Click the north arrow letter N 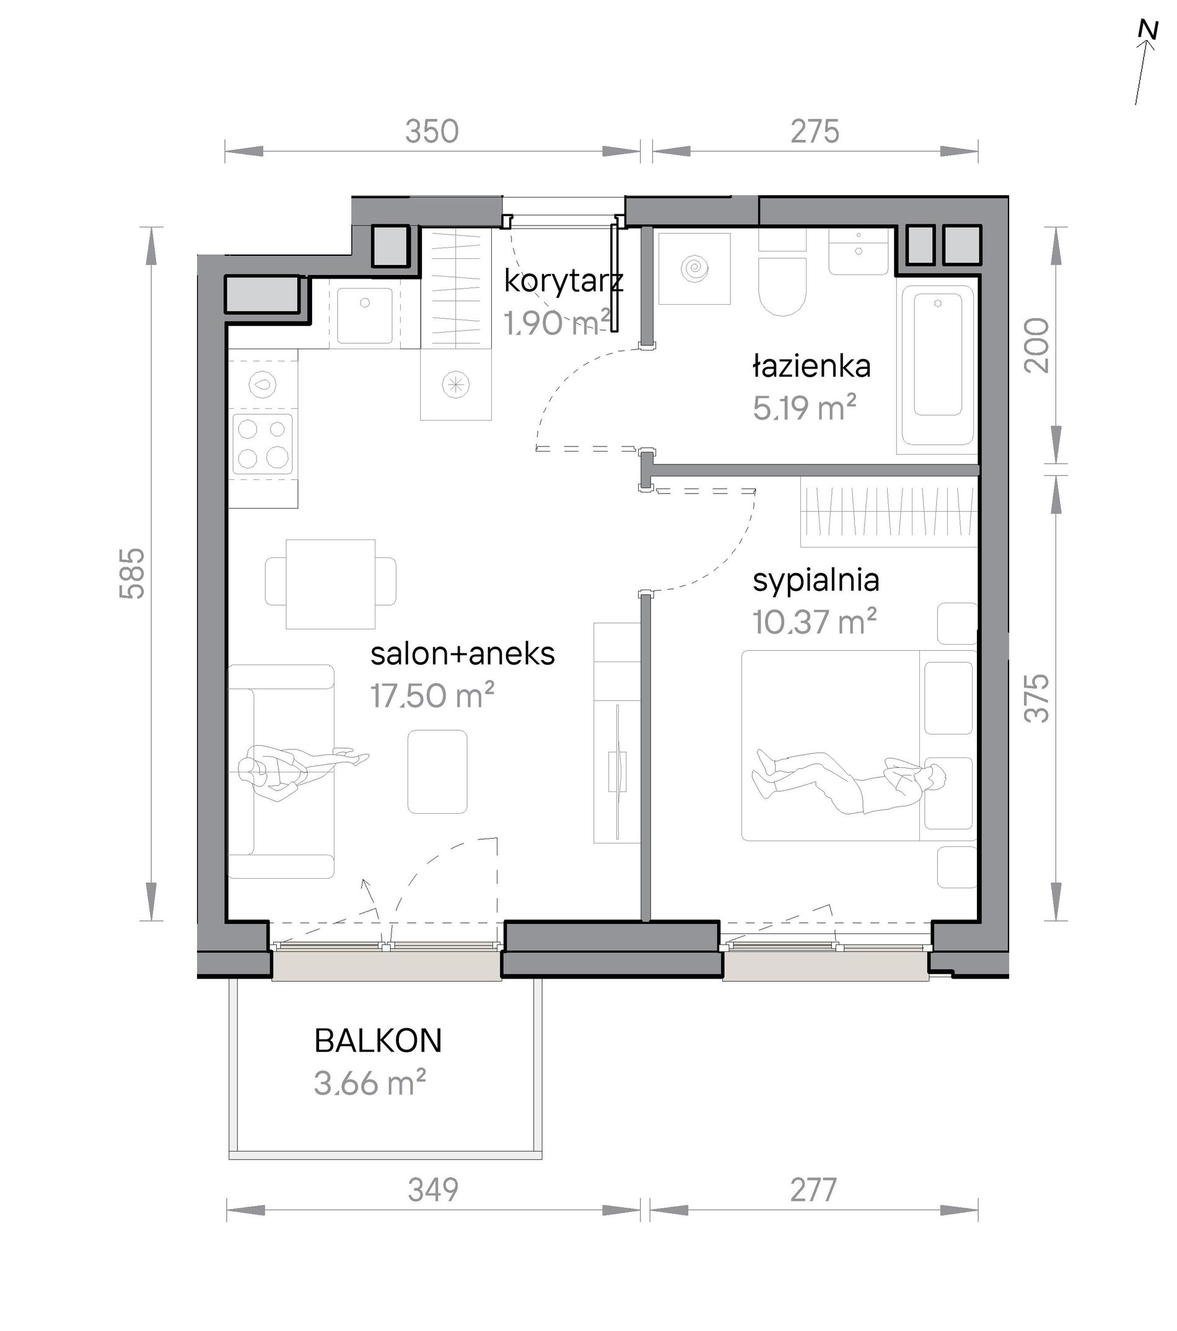(1148, 30)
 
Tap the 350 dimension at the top (432, 131)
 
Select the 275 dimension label (815, 131)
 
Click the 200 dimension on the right (1037, 345)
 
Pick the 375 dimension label (1037, 698)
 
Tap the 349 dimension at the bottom (433, 1190)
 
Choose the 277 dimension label (813, 1190)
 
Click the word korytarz (564, 281)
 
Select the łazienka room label (812, 366)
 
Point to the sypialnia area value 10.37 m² (814, 622)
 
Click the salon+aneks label (463, 655)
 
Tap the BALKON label (378, 1041)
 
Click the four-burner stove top (263, 443)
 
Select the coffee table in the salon (438, 772)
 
